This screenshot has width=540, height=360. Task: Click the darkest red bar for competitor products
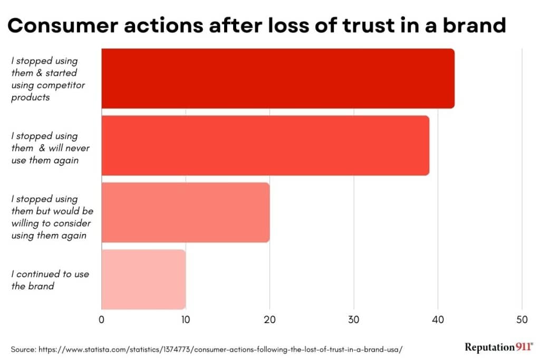pos(277,78)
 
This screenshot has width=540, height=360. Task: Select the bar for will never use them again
pos(265,145)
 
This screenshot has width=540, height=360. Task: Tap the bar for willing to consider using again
pos(185,212)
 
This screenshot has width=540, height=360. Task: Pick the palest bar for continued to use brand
pos(143,279)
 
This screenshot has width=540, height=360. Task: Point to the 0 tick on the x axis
pos(101,319)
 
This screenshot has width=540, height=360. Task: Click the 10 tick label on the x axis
pos(185,319)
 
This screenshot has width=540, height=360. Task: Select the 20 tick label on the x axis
pos(269,319)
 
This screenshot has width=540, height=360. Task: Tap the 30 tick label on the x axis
pos(353,319)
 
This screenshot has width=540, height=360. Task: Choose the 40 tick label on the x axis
pos(438,319)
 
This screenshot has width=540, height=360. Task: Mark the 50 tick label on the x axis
pos(522,319)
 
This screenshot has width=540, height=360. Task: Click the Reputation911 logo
pos(499,347)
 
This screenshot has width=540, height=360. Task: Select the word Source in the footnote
pos(23,349)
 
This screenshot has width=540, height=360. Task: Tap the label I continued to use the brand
pos(50,280)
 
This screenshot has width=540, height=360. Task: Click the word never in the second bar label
pos(78,148)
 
